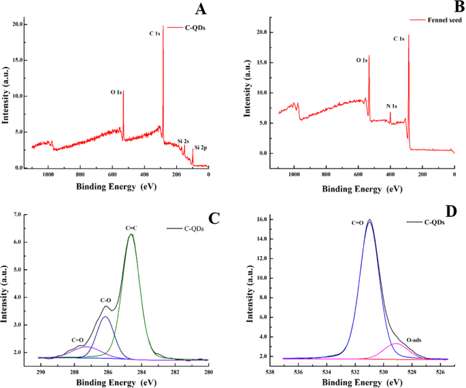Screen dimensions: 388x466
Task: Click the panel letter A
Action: pos(201,9)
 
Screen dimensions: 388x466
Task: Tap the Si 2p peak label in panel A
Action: pos(201,147)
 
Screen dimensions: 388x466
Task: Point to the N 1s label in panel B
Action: pos(392,106)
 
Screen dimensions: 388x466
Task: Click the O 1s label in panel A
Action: pos(117,92)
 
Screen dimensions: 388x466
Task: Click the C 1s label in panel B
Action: pos(399,39)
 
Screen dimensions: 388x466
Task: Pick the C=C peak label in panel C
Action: pos(131,227)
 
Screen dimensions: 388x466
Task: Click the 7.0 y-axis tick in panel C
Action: pos(24,214)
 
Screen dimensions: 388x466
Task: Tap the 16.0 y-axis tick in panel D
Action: pos(255,219)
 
